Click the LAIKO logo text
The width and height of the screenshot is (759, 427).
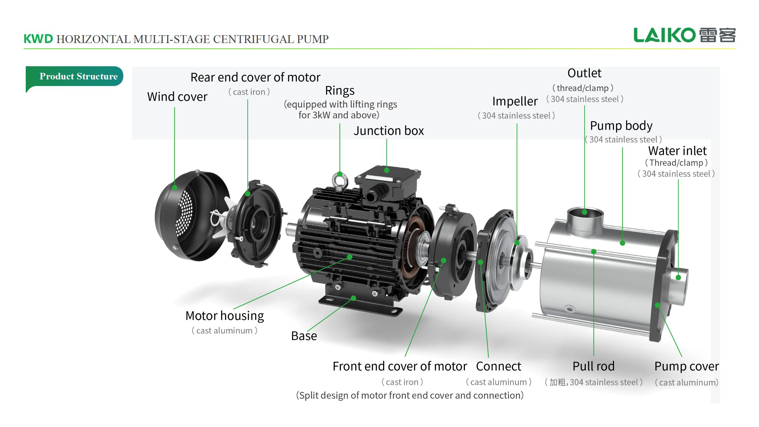(x=664, y=35)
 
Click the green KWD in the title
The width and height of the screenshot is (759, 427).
(x=38, y=39)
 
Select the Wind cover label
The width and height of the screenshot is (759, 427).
(x=177, y=97)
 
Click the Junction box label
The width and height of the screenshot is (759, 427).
(x=389, y=131)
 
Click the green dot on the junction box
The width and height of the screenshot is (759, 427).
(x=387, y=170)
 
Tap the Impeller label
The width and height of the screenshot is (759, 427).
(x=515, y=101)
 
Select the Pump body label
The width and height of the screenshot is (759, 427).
(x=621, y=126)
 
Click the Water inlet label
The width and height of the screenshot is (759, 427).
(x=677, y=151)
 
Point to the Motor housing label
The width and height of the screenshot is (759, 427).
(x=224, y=316)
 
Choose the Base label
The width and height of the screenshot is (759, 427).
(x=304, y=336)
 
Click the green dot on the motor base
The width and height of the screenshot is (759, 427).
(x=353, y=298)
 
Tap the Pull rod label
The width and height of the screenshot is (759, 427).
(x=593, y=366)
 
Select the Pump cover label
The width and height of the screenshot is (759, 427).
(x=686, y=366)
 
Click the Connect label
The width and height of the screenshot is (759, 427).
(x=498, y=366)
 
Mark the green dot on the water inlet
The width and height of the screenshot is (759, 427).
(x=678, y=278)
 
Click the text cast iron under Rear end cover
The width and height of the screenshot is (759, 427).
(x=249, y=92)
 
